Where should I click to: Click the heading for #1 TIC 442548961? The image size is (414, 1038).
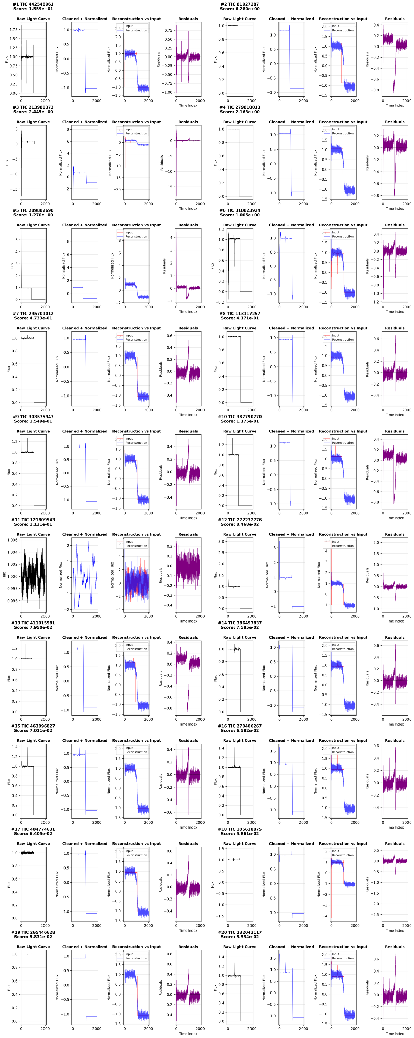[33, 4]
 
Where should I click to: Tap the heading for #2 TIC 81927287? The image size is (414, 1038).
[240, 4]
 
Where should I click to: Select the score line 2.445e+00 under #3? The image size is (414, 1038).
[33, 112]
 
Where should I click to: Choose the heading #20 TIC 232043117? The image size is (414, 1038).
[240, 933]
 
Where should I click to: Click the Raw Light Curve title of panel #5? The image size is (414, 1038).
[33, 225]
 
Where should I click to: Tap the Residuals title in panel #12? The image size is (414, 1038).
[395, 534]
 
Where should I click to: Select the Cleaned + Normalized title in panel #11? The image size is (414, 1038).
[85, 534]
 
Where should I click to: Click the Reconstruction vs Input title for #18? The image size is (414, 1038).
[343, 844]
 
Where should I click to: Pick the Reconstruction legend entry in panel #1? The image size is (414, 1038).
[136, 30]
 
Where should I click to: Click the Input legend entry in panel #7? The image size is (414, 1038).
[129, 335]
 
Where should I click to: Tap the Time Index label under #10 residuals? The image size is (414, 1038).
[395, 518]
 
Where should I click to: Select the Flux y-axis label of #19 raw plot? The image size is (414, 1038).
[9, 988]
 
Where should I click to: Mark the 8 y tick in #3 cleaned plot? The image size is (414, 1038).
[68, 129]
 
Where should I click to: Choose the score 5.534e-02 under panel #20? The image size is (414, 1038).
[240, 937]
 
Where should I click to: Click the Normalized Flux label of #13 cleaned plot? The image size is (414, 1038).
[57, 678]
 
